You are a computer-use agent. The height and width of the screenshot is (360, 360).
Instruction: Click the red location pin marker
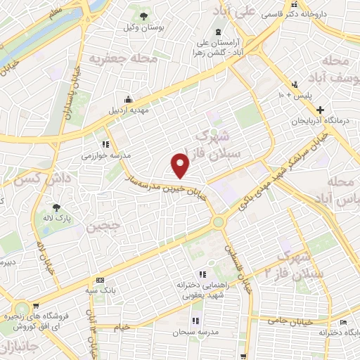coord(181,165)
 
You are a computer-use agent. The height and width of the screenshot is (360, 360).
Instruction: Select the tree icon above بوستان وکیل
coord(143,15)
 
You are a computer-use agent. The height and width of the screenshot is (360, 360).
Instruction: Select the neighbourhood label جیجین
coord(105,228)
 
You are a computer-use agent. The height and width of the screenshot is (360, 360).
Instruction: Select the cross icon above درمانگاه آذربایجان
coord(321,110)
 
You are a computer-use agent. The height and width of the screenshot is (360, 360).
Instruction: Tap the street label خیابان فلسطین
coord(240,268)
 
